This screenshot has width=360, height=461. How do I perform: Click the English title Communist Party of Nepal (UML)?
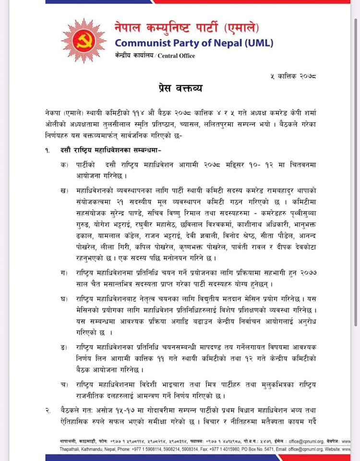194,43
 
